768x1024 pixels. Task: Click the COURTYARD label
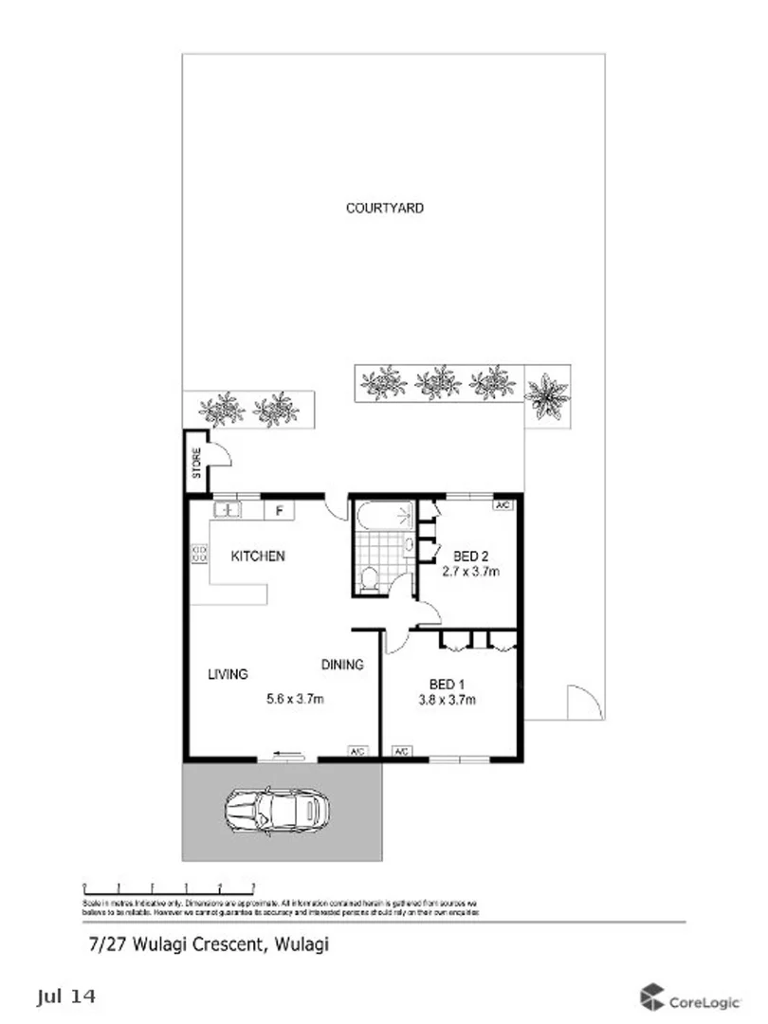[384, 208]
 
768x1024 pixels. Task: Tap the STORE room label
[197, 462]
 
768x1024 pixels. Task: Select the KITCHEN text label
[258, 557]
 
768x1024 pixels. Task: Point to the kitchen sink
[227, 510]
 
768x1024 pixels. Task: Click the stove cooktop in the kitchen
[199, 553]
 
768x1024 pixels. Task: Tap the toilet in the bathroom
[369, 578]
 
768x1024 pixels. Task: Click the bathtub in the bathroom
[384, 515]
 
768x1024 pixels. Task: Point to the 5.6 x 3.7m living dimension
[295, 701]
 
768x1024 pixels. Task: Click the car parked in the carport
[273, 810]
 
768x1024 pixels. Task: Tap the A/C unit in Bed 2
[503, 505]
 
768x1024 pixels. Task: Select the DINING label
[341, 665]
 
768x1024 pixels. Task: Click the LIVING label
[228, 674]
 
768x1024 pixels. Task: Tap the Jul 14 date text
[66, 997]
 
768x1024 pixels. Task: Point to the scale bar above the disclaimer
[169, 887]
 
